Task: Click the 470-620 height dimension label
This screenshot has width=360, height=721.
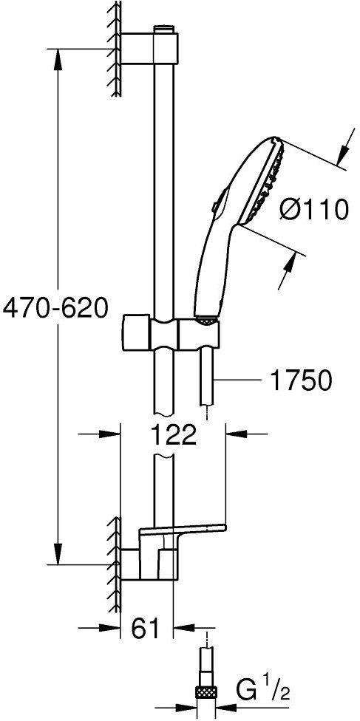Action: coord(55,307)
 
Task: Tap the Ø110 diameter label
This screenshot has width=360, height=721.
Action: coord(314,211)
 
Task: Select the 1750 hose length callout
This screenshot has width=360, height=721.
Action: coord(300,380)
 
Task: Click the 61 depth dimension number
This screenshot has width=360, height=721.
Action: coord(146,628)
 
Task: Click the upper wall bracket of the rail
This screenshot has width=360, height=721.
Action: coord(149,47)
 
